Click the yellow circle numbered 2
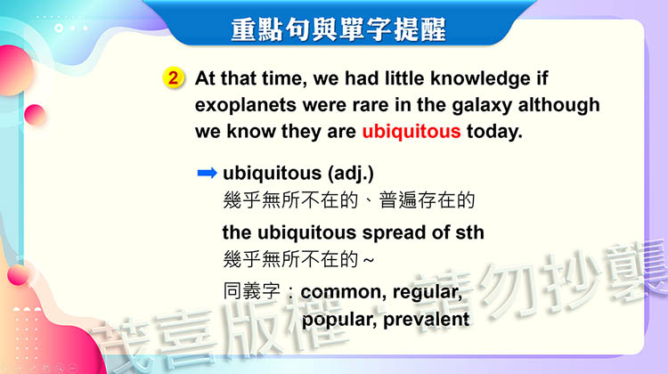point(173,78)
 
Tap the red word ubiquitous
point(411,132)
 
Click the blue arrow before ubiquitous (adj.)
point(208,173)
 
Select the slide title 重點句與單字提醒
point(338,29)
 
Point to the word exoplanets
point(246,105)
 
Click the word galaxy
point(481,106)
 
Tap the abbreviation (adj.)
point(351,174)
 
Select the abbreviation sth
point(469,232)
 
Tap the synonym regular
point(428,293)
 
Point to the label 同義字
point(251,291)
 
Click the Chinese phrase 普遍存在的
point(427,200)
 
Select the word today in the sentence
point(494,132)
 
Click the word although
point(558,105)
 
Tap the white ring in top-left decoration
point(59,28)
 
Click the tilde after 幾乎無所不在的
point(369,260)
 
